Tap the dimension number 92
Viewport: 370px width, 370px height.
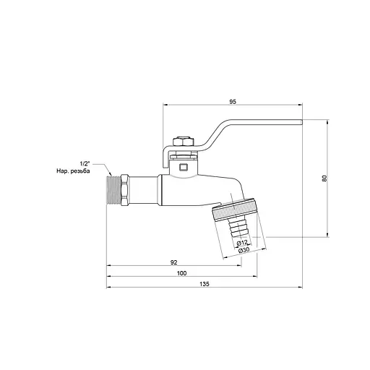tap(174, 262)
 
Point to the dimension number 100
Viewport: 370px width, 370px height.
tap(181, 272)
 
